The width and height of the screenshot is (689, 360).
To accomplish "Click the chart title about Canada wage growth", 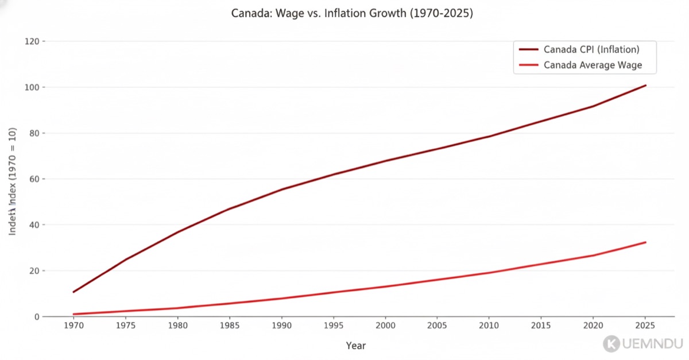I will tap(352, 13).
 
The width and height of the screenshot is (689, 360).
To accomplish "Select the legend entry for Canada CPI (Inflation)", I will tap(591, 49).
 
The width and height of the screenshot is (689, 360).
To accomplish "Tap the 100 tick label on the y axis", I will tap(32, 87).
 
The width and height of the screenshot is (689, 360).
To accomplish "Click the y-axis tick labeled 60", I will tap(34, 179).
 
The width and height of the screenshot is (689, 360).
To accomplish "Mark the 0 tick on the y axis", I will tap(36, 317).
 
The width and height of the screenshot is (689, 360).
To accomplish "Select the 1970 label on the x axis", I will tap(73, 326).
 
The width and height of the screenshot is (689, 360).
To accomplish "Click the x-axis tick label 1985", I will tap(230, 326).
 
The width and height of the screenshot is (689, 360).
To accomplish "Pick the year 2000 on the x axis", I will tap(385, 326).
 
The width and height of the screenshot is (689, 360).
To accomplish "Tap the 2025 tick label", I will tap(645, 326).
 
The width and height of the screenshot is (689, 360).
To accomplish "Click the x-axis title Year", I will tap(356, 346).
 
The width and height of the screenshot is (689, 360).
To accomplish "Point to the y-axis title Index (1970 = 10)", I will tap(13, 181).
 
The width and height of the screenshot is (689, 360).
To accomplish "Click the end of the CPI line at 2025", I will tap(645, 86).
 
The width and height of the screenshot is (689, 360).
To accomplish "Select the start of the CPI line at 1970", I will tap(73, 292).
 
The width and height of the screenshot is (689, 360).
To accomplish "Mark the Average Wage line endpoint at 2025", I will tap(645, 242).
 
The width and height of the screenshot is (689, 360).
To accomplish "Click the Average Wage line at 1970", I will tap(73, 314).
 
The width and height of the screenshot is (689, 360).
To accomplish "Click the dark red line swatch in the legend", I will tap(528, 49).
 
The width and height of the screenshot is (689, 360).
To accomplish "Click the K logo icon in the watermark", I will tap(611, 344).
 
